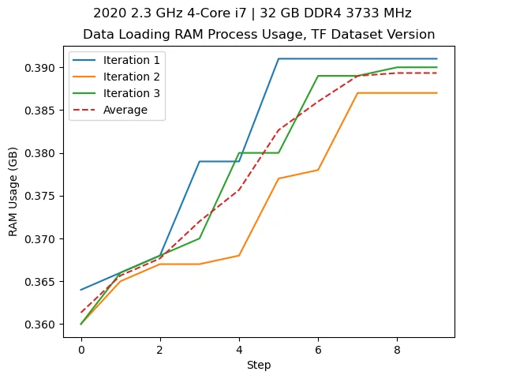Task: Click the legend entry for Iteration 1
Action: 130,61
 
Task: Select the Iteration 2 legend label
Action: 130,77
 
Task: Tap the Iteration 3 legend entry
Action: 130,94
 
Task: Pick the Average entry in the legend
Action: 125,111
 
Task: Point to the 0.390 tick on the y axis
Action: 43,68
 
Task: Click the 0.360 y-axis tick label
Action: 43,325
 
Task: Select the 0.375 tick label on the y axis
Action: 43,196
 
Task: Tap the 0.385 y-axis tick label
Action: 43,111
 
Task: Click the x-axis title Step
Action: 259,365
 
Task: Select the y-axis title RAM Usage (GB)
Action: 13,193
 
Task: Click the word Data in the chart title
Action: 97,35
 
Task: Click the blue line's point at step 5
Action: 279,58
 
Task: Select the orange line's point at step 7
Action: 358,93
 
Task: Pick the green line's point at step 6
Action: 318,76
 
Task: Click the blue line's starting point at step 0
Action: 81,290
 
